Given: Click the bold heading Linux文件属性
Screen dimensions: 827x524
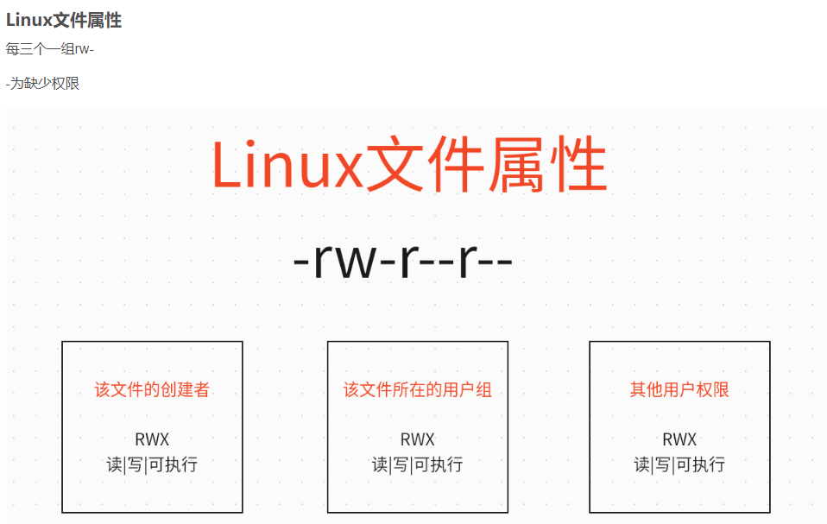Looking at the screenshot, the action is (64, 20).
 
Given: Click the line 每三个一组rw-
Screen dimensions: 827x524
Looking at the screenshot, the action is (49, 49).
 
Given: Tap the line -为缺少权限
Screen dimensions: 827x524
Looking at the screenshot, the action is (42, 83).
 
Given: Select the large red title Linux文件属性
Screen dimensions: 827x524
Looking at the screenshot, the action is (409, 164).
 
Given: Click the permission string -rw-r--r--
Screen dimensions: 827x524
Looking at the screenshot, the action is (403, 259).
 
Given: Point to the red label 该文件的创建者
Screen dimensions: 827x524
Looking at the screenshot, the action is (153, 389).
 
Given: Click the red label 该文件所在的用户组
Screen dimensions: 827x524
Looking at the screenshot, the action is (418, 389).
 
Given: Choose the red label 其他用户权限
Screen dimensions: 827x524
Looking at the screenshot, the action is (680, 389).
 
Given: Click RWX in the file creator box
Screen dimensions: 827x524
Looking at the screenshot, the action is (153, 439).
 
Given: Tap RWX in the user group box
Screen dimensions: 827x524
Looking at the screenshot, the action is (418, 439).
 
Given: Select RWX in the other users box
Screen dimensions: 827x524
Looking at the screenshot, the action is (680, 439).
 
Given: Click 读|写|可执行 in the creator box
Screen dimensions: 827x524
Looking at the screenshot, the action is (153, 465).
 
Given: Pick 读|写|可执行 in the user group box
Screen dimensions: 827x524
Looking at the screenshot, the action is (418, 465).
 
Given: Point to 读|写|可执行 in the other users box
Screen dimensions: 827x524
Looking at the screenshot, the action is (680, 465).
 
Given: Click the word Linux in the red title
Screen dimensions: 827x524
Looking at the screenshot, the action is (288, 164).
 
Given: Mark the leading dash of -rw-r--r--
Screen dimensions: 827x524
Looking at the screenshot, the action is (301, 262).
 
